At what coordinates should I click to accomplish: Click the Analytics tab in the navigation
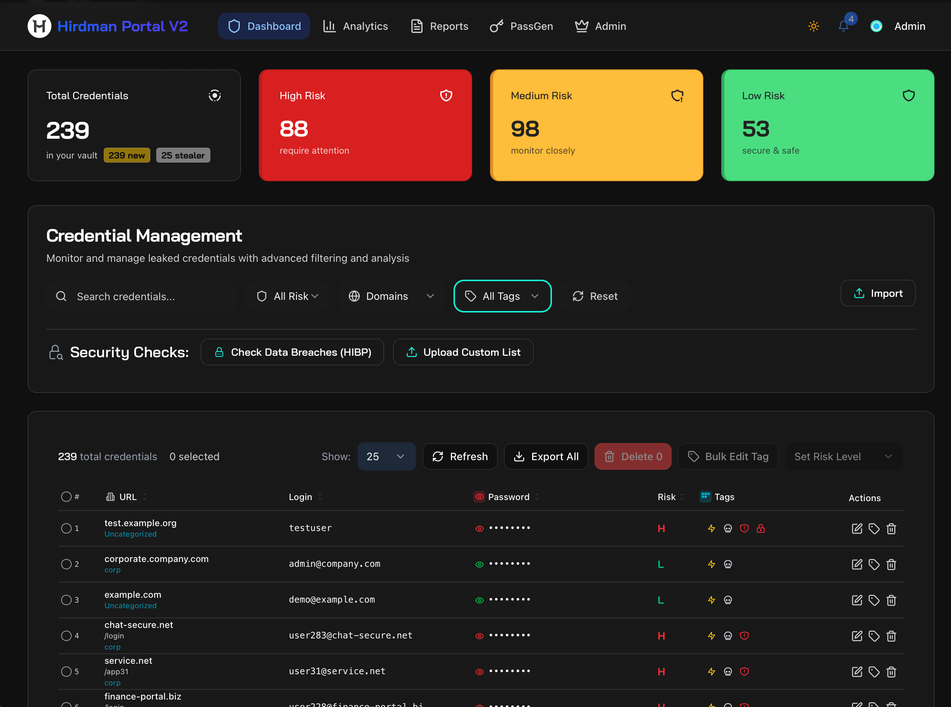point(355,26)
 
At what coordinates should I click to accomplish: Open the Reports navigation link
point(440,26)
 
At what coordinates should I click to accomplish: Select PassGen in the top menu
point(521,26)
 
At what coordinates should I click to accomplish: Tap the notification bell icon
point(843,26)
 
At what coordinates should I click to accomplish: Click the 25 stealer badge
point(183,155)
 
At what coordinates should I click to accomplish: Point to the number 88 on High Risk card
point(294,129)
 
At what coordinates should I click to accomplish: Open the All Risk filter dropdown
point(288,296)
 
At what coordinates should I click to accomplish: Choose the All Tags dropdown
point(502,296)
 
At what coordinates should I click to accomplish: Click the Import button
point(878,293)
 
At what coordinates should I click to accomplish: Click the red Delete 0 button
point(633,457)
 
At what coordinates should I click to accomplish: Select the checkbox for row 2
point(66,564)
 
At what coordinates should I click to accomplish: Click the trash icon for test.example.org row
point(891,528)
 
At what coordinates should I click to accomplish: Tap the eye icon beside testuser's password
point(479,528)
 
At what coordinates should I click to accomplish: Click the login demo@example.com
point(332,600)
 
